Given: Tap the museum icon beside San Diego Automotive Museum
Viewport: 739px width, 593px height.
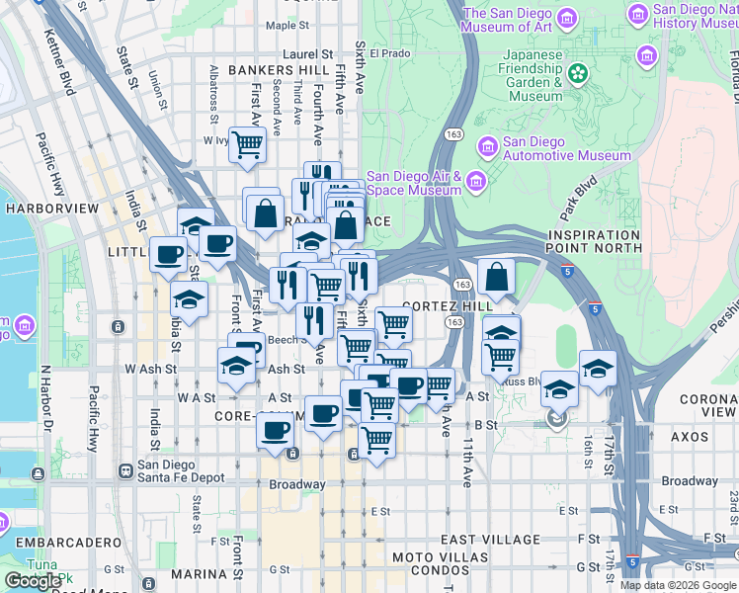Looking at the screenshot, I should point(487,148).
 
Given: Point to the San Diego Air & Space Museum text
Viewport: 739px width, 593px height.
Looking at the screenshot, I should point(414,183).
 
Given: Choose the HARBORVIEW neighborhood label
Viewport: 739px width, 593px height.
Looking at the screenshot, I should point(51,209).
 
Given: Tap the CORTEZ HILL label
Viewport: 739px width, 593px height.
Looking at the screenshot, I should point(447,306).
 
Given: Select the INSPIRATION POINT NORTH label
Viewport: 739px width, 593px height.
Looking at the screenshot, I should point(593,240).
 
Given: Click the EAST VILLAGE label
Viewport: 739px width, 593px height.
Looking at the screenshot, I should point(491,540).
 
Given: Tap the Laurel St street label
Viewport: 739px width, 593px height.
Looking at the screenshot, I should point(307,54).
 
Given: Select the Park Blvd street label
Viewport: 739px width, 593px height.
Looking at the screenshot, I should point(580,199).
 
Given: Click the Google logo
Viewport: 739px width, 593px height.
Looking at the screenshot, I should point(34,582).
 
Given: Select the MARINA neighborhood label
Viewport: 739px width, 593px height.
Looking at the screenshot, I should point(199,574).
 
